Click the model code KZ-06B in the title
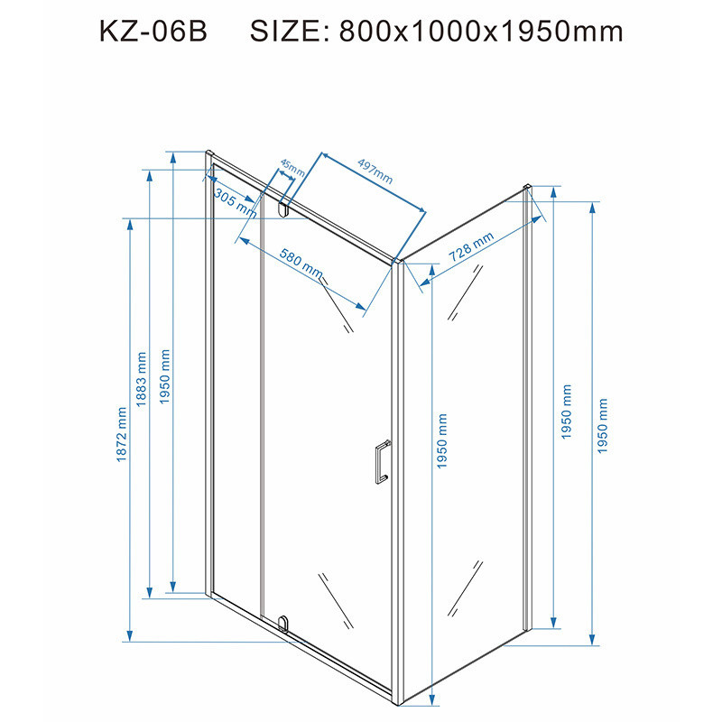coord(153,32)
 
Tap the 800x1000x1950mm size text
coord(481,32)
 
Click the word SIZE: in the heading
coord(290,32)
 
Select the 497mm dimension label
coord(375,171)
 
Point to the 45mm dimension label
coord(292,168)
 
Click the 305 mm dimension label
coord(236,202)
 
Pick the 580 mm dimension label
coord(301,264)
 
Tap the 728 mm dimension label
coord(471,246)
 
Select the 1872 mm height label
coord(121,434)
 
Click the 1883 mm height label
coord(142,379)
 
